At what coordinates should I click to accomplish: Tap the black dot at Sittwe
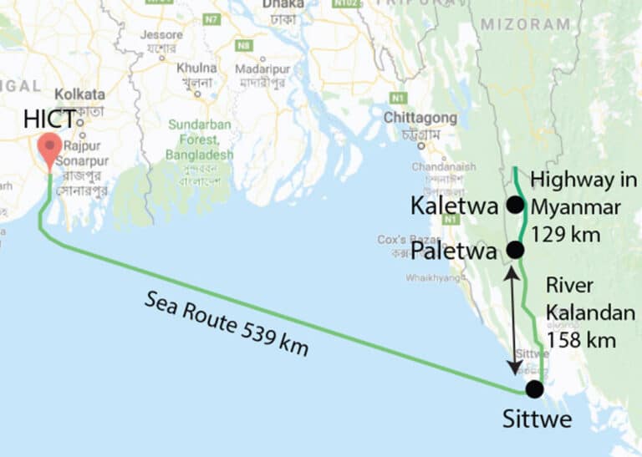coord(534,389)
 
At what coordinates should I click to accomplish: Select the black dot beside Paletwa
coord(515,250)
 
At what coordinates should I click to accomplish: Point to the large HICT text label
coord(52,119)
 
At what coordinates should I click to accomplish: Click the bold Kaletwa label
coord(453,206)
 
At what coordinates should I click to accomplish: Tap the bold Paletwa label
coord(456,251)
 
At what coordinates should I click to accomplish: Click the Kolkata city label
coord(81,94)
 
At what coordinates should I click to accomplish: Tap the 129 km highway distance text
coord(565,235)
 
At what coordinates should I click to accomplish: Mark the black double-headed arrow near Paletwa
coord(512,322)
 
